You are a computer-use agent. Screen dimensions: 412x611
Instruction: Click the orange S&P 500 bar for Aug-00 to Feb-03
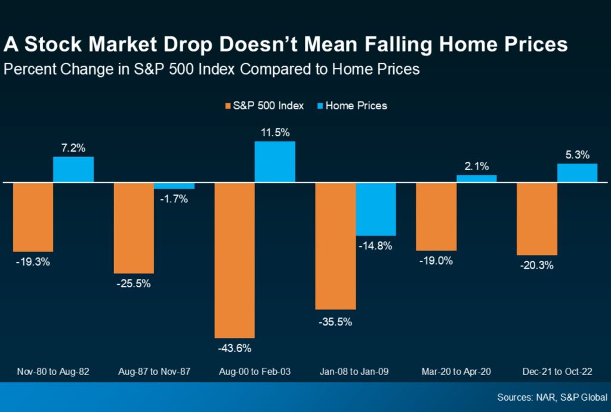[x=234, y=260]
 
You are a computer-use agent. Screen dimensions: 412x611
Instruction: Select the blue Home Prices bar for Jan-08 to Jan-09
[x=376, y=209]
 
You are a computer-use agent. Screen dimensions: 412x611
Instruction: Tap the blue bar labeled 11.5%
[x=275, y=161]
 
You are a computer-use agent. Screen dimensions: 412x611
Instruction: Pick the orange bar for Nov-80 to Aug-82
[x=33, y=217]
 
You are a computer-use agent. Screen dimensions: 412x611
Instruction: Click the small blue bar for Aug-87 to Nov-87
[x=174, y=186]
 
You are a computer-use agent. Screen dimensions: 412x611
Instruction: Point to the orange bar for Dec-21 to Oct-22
[x=537, y=219]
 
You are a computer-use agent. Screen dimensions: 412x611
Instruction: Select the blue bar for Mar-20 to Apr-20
[x=477, y=179]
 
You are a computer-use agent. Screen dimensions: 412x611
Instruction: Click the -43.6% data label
[x=234, y=348]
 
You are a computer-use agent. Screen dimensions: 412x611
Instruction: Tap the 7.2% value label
[x=73, y=147]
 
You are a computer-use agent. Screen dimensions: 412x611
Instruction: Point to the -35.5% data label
[x=335, y=322]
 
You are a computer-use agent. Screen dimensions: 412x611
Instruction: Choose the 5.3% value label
[x=578, y=155]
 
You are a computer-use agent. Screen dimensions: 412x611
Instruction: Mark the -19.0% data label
[x=436, y=261]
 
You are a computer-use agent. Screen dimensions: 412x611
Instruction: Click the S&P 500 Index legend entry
[x=264, y=106]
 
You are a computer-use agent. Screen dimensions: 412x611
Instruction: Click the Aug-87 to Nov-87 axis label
[x=154, y=371]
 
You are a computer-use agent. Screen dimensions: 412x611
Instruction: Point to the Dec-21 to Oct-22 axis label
[x=557, y=371]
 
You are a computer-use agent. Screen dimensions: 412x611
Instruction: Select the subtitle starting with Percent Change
[x=212, y=69]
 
